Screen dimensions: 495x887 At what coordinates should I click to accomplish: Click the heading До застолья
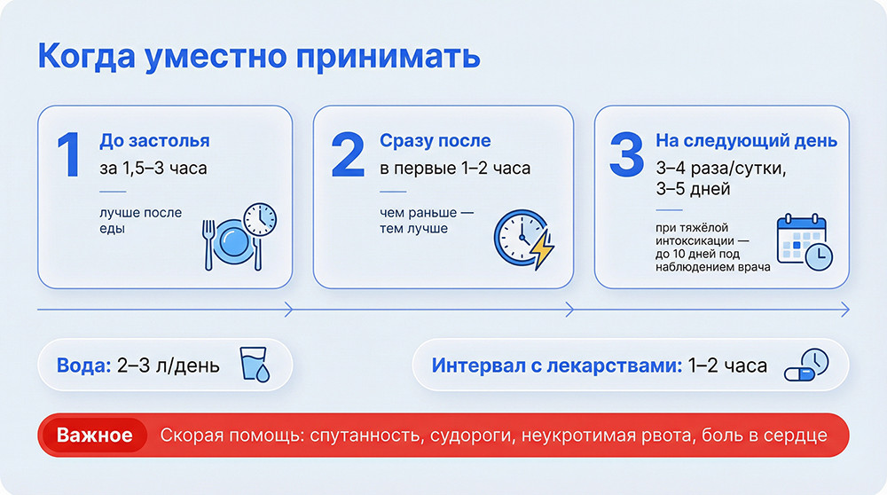click(x=154, y=141)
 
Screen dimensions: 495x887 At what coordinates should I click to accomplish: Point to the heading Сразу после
click(x=435, y=141)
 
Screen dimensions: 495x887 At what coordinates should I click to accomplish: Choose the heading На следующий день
click(x=746, y=141)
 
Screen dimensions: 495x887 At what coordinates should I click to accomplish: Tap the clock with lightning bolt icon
click(x=522, y=238)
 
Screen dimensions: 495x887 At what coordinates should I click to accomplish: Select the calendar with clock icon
click(x=804, y=241)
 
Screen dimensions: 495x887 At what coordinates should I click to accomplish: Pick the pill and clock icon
click(x=806, y=365)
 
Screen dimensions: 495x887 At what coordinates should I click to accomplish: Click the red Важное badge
click(x=94, y=436)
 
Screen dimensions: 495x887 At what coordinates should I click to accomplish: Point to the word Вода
click(x=83, y=365)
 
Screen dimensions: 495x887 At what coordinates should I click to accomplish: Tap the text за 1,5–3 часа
click(x=153, y=168)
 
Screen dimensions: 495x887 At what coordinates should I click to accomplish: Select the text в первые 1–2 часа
click(x=455, y=168)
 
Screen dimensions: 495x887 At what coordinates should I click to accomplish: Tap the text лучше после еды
click(x=140, y=221)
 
